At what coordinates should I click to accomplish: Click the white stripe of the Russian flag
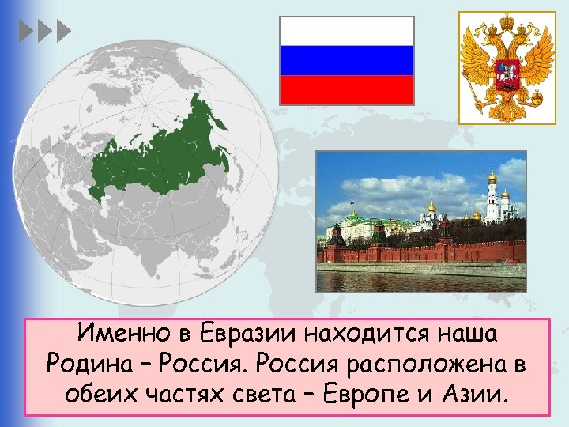point(347,31)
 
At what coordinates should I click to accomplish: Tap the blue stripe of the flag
point(347,60)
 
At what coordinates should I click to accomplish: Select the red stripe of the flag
point(347,89)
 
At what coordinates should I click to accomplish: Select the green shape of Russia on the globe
point(158,154)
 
